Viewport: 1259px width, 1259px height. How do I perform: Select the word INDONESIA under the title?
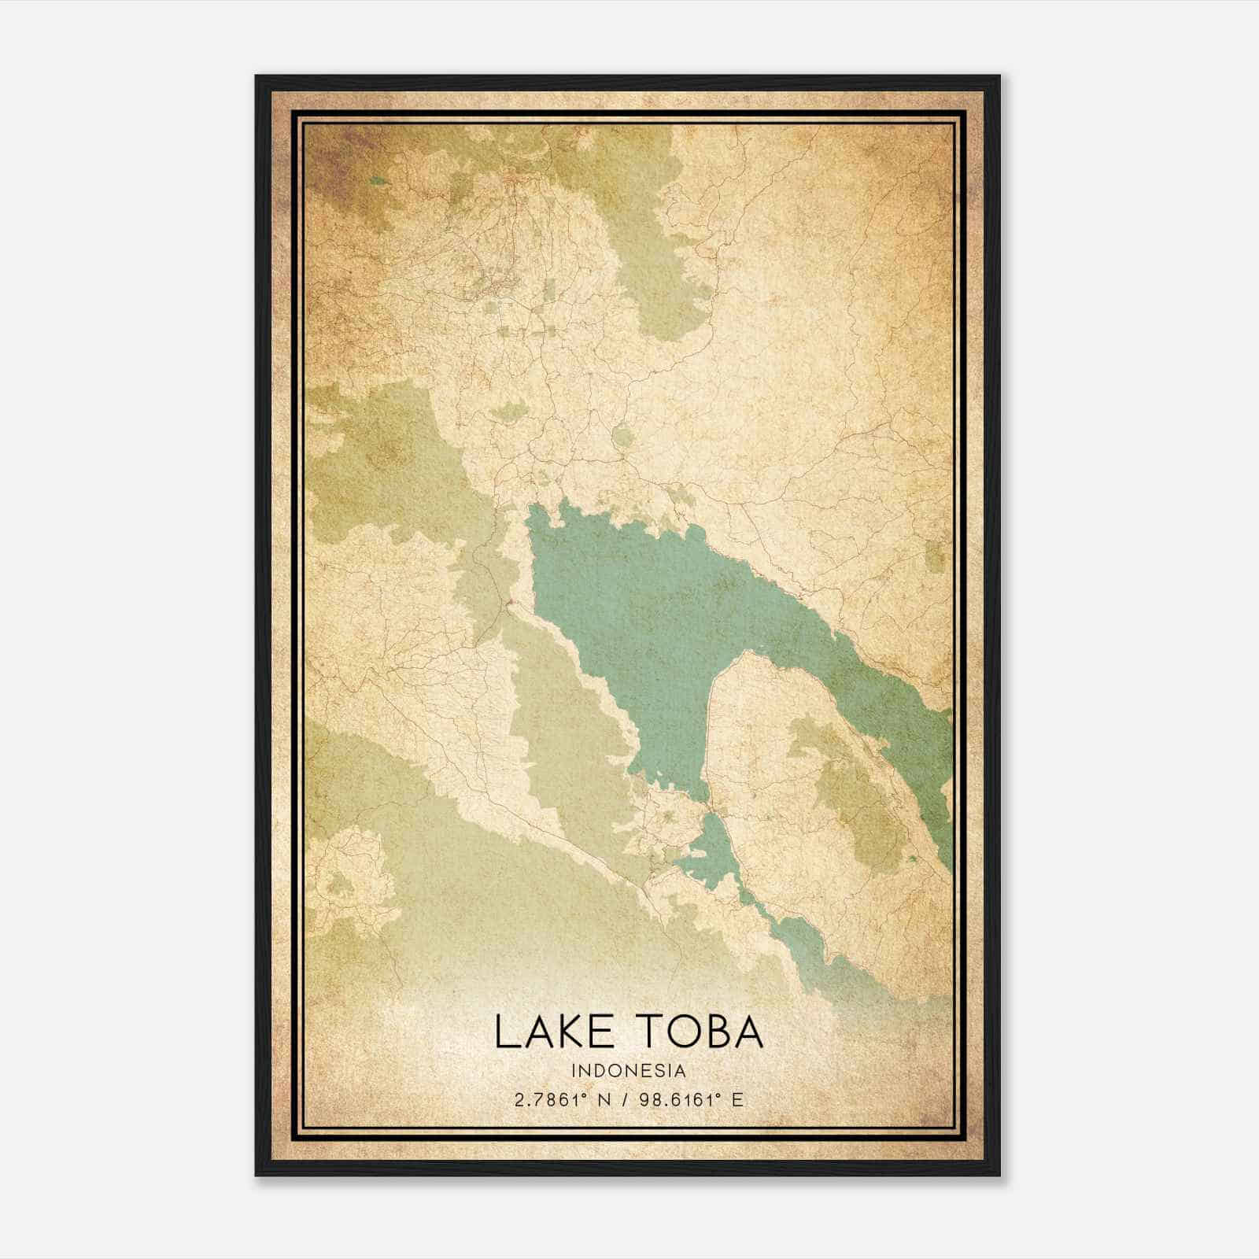click(x=629, y=1070)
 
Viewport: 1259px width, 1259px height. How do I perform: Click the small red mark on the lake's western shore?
click(x=509, y=604)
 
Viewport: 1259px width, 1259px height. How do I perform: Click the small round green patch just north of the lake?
click(x=622, y=435)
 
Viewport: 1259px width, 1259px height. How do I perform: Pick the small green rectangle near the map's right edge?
click(x=935, y=556)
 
